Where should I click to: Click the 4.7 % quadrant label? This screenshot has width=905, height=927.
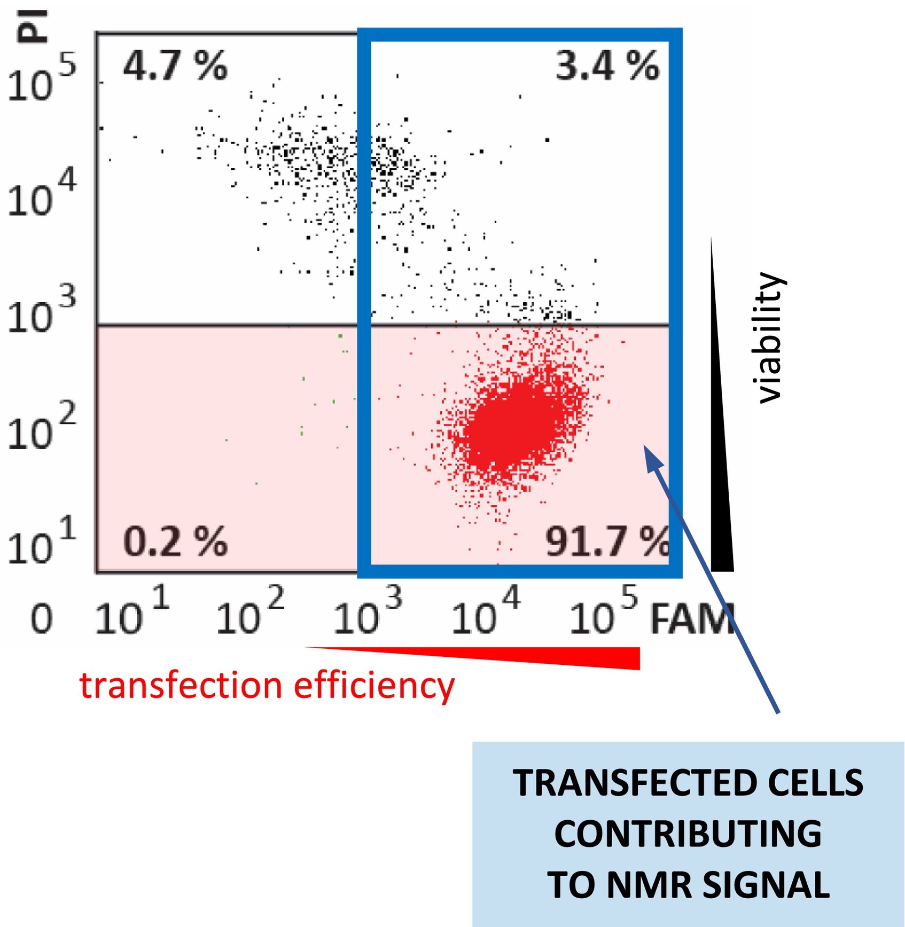pyautogui.click(x=175, y=66)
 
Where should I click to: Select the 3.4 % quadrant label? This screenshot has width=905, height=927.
pyautogui.click(x=607, y=66)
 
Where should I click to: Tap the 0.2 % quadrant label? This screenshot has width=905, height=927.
pyautogui.click(x=175, y=541)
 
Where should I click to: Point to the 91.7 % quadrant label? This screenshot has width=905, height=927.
pyautogui.click(x=607, y=541)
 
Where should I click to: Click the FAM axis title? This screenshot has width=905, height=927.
pyautogui.click(x=692, y=619)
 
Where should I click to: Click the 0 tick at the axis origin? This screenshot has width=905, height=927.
pyautogui.click(x=41, y=619)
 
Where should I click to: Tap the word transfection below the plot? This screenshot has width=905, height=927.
pyautogui.click(x=181, y=686)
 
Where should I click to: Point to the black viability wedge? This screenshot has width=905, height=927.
pyautogui.click(x=721, y=481)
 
